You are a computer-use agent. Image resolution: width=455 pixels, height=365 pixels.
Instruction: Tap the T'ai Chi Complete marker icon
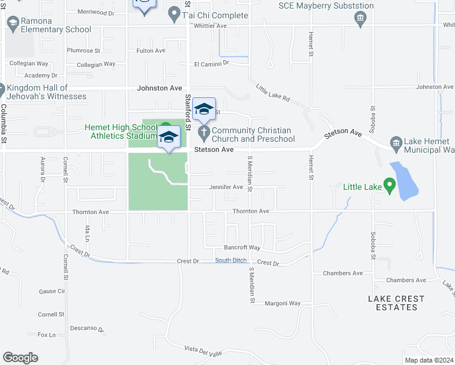(x=175, y=13)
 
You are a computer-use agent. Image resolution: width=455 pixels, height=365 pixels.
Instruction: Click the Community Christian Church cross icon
(x=203, y=131)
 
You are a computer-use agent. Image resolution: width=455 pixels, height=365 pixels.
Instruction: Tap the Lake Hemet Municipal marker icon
(x=397, y=144)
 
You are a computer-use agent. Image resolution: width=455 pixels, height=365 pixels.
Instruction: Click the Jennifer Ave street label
(x=226, y=187)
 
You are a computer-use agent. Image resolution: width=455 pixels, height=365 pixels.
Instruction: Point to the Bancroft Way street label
(x=242, y=248)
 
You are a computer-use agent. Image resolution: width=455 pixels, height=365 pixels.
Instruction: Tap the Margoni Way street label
(x=283, y=303)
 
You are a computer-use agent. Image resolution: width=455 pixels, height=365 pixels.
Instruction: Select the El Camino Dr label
(x=211, y=63)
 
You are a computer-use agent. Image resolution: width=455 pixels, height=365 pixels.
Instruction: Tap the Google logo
(x=20, y=358)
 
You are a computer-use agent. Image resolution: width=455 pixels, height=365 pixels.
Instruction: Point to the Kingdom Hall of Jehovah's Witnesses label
(x=46, y=92)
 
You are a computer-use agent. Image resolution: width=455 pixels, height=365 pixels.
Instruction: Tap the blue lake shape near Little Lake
(x=405, y=181)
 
